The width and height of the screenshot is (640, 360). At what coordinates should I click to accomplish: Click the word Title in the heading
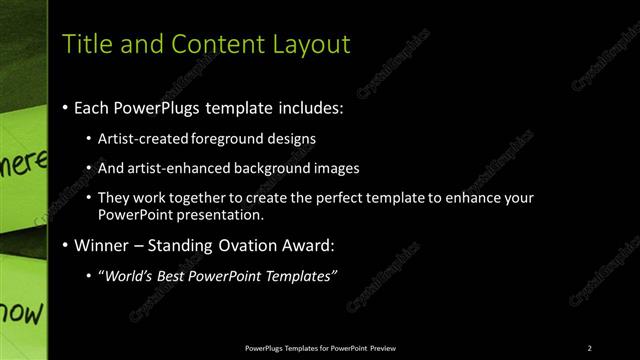tap(85, 44)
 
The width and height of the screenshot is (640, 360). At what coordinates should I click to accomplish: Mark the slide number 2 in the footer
tap(589, 347)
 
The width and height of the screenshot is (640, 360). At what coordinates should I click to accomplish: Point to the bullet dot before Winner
tap(65, 245)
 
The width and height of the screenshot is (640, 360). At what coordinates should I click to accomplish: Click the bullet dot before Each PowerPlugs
tap(65, 105)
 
